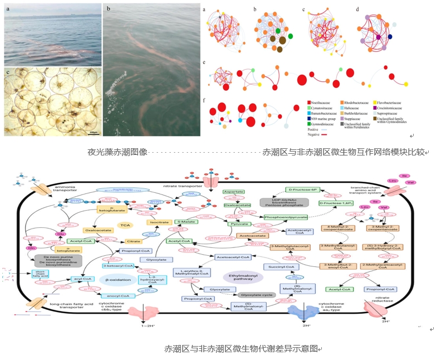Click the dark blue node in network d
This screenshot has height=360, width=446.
point(390,37)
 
